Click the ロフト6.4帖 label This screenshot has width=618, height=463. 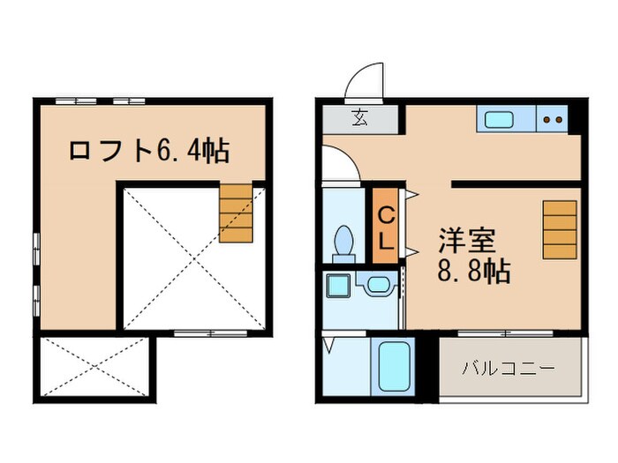pyautogui.click(x=149, y=150)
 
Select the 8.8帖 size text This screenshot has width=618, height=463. pyautogui.click(x=474, y=271)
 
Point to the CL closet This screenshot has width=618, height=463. pyautogui.click(x=386, y=226)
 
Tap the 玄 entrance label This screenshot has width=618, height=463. pyautogui.click(x=361, y=116)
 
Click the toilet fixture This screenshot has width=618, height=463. pyautogui.click(x=343, y=241)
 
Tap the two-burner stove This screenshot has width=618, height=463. pyautogui.click(x=554, y=119)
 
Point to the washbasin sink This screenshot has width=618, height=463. pyautogui.click(x=379, y=285)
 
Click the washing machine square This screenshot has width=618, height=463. pyautogui.click(x=336, y=284)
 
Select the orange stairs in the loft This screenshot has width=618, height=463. pyautogui.click(x=237, y=213)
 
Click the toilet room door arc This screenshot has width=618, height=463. pyautogui.click(x=340, y=166)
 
